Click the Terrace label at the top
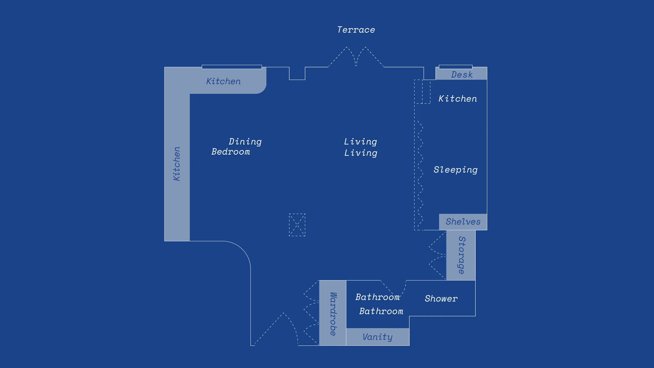pyautogui.click(x=356, y=30)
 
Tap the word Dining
pyautogui.click(x=245, y=141)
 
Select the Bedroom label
pyautogui.click(x=231, y=152)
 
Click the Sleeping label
pyautogui.click(x=455, y=170)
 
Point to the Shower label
pyautogui.click(x=441, y=298)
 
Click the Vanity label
pyautogui.click(x=378, y=337)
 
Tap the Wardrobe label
pyautogui.click(x=333, y=314)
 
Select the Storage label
pyautogui.click(x=461, y=255)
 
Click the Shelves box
pyautogui.click(x=463, y=222)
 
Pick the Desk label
pyautogui.click(x=462, y=75)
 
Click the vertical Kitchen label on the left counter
pyautogui.click(x=177, y=163)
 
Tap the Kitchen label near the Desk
pyautogui.click(x=458, y=99)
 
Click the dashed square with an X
pyautogui.click(x=297, y=225)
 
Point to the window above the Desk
pyautogui.click(x=455, y=67)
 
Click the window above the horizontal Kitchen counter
pyautogui.click(x=232, y=67)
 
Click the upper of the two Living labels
pyautogui.click(x=360, y=141)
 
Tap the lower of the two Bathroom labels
pyautogui.click(x=381, y=311)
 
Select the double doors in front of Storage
pyautogui.click(x=437, y=255)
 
